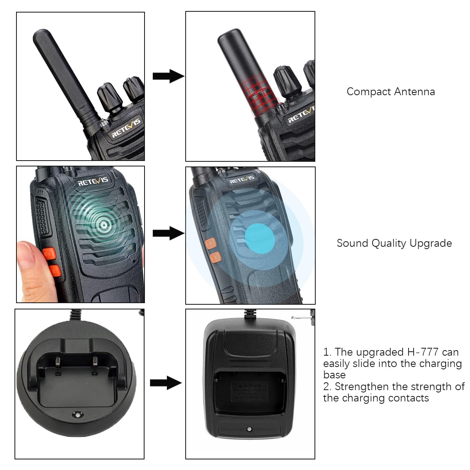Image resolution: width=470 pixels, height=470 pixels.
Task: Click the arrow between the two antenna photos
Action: [x=168, y=76]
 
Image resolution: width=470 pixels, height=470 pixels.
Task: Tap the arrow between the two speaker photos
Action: [x=168, y=234]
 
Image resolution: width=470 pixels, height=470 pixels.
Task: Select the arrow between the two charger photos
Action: [x=166, y=383]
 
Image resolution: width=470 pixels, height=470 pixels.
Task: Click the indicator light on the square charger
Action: [x=249, y=430]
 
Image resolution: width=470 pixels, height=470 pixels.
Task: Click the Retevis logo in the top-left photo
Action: [x=126, y=128]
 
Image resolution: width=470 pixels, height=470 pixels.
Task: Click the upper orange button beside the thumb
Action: [x=49, y=253]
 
